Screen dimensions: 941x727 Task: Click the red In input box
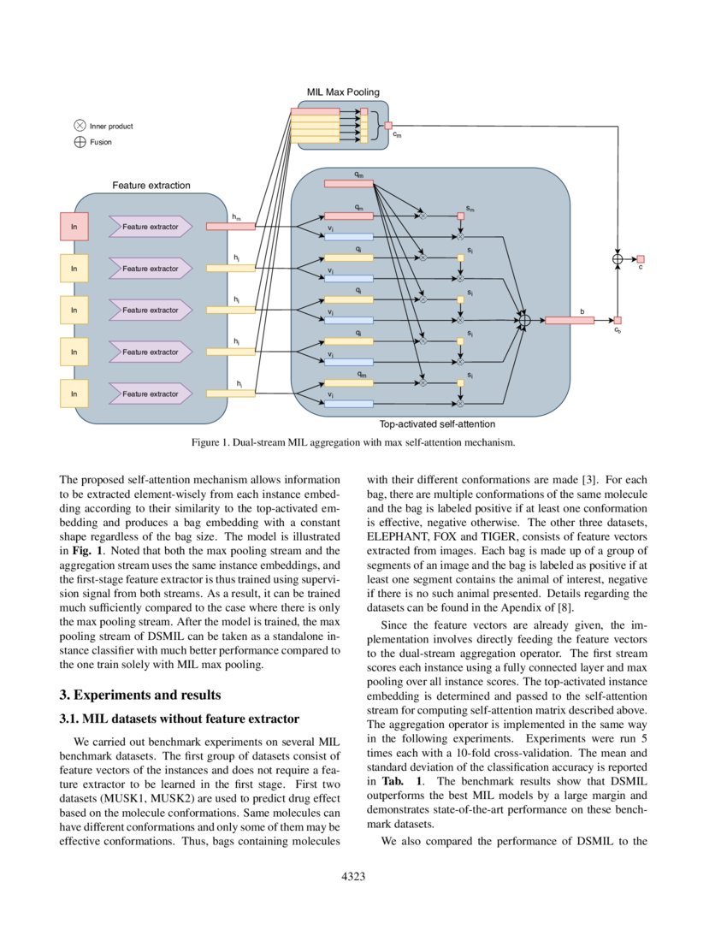tap(74, 227)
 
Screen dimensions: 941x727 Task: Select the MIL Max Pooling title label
tap(343, 92)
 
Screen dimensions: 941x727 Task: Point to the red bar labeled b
tap(569, 321)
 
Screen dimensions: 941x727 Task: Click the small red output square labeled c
tap(640, 259)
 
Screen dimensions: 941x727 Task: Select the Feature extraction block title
tap(151, 185)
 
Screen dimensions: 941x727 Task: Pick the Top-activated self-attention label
tap(437, 423)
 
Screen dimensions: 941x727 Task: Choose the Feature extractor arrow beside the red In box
tap(151, 227)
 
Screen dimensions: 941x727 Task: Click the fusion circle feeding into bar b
tap(525, 321)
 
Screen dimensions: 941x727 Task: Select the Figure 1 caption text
tap(353, 443)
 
